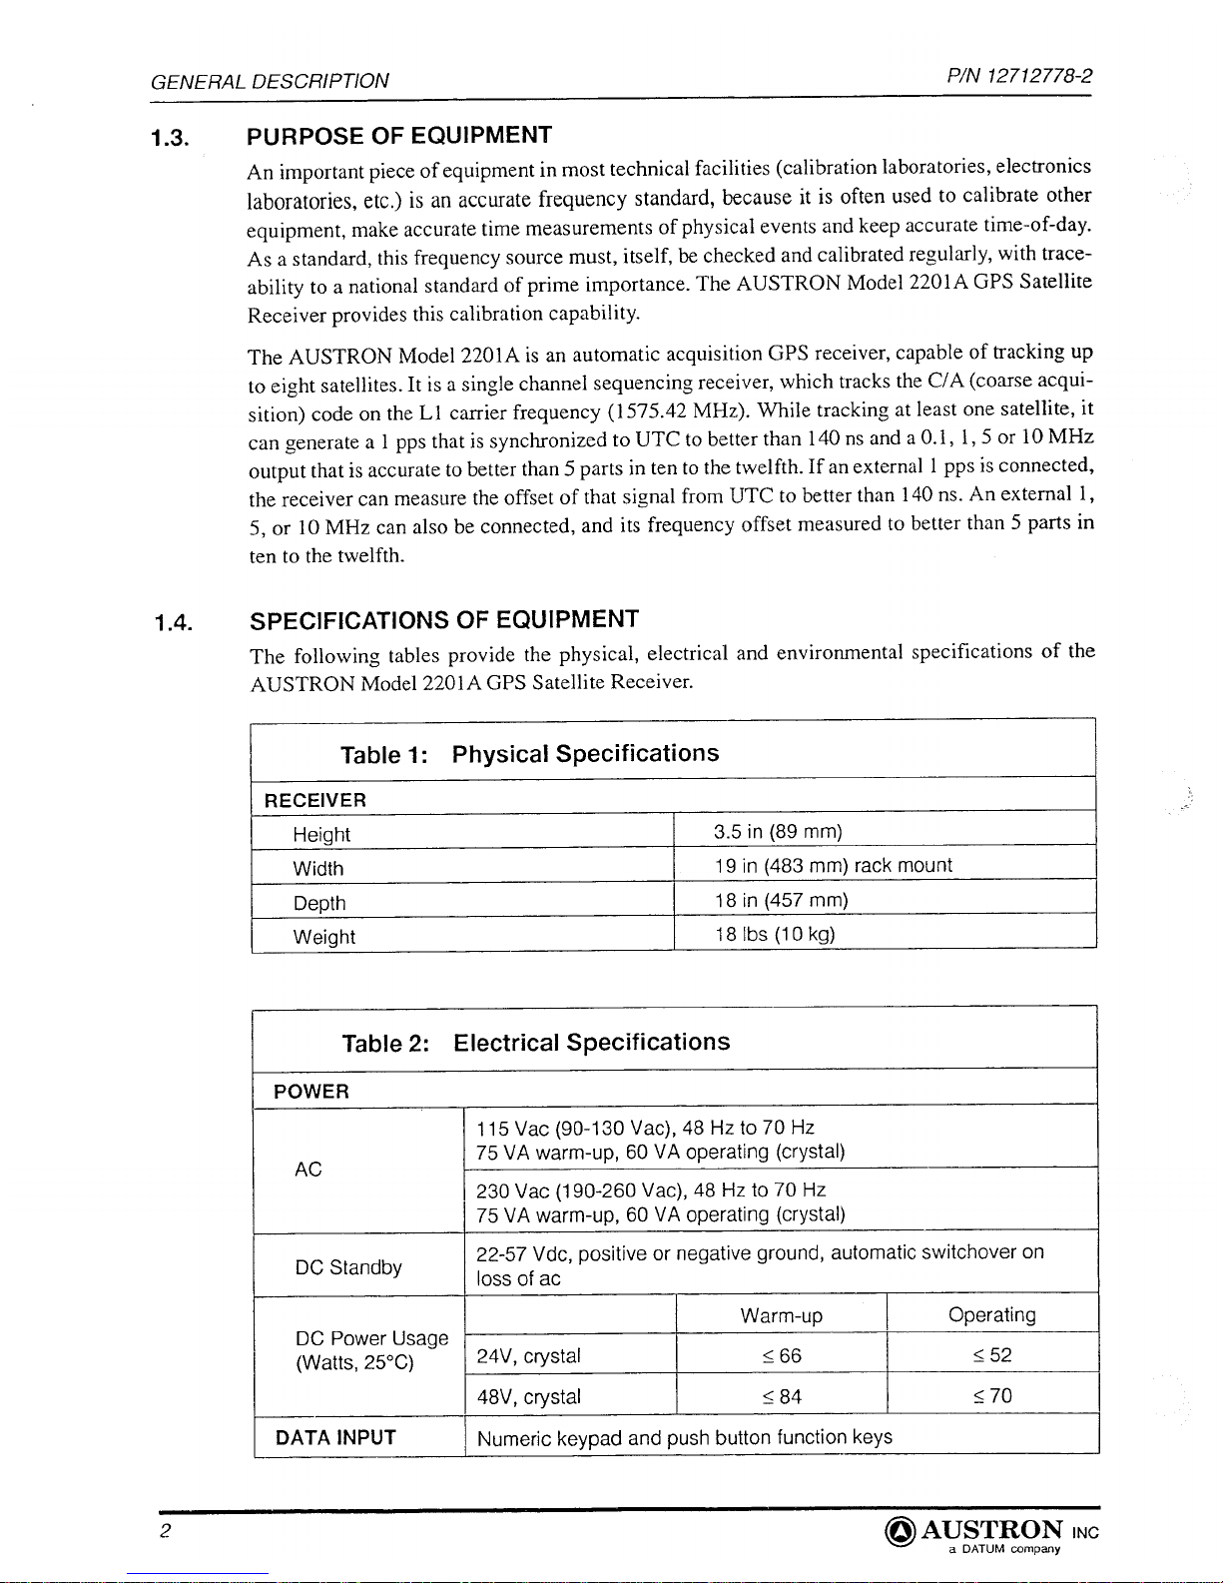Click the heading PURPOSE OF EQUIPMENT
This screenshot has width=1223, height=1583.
pyautogui.click(x=399, y=135)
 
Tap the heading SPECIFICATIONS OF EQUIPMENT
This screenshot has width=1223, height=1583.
pyautogui.click(x=444, y=619)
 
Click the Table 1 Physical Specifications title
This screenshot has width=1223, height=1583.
pyautogui.click(x=529, y=754)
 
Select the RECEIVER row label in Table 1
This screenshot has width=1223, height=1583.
pyautogui.click(x=314, y=800)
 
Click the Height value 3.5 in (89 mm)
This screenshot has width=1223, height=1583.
pyautogui.click(x=778, y=832)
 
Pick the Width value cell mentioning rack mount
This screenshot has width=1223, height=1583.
pyautogui.click(x=833, y=866)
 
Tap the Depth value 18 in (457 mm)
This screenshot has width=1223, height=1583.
pyautogui.click(x=781, y=900)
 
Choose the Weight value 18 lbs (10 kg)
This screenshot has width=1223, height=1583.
pyautogui.click(x=775, y=934)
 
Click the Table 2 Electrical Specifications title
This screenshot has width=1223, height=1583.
pyautogui.click(x=535, y=1043)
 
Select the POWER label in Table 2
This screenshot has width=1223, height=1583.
pyautogui.click(x=311, y=1092)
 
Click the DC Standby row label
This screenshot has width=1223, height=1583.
pyautogui.click(x=348, y=1267)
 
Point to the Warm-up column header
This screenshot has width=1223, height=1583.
pyautogui.click(x=782, y=1316)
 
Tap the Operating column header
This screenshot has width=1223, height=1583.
pyautogui.click(x=992, y=1315)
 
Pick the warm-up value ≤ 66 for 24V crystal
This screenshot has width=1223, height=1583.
pyautogui.click(x=781, y=1355)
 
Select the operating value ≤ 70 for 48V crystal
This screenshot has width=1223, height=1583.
pyautogui.click(x=992, y=1395)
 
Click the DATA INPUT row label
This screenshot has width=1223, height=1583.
pyautogui.click(x=335, y=1437)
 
